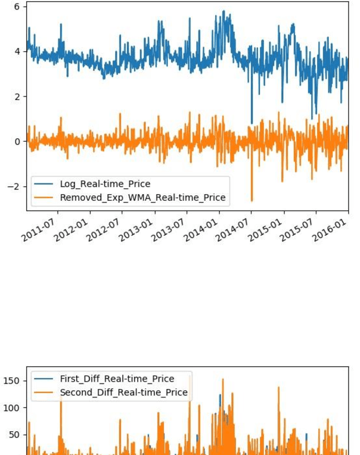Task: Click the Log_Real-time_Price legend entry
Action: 105,184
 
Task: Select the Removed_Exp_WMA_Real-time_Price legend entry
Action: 142,198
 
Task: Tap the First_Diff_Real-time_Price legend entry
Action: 117,379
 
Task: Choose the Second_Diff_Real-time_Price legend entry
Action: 123,392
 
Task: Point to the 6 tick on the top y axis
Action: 17,7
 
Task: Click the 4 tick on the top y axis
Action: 17,52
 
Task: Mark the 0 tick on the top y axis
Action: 17,142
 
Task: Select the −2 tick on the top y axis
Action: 13,186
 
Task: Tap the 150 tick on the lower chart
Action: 12,381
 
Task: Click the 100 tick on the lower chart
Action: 12,408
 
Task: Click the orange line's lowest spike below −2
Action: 252,200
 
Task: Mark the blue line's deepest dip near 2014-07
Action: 252,123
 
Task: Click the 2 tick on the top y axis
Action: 17,96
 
